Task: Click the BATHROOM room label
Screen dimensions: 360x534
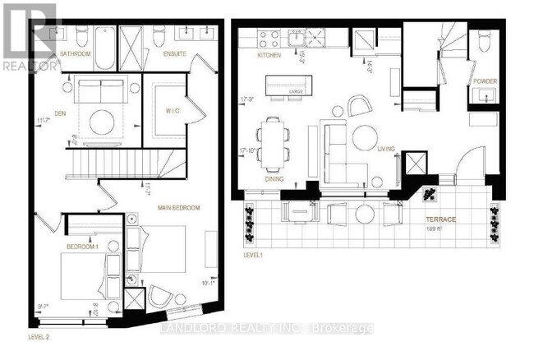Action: [76, 54]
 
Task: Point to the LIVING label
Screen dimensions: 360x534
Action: [386, 149]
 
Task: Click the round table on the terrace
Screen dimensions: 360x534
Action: [366, 213]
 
